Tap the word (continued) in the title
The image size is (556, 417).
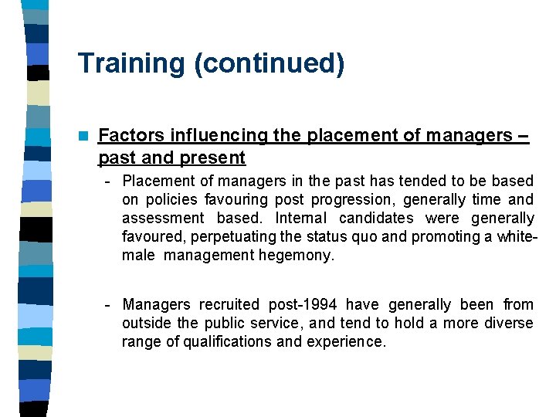point(270,63)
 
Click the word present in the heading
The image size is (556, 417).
point(214,158)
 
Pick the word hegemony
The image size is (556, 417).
point(297,256)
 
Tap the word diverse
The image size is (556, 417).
point(508,324)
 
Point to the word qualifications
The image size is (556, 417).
point(226,342)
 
